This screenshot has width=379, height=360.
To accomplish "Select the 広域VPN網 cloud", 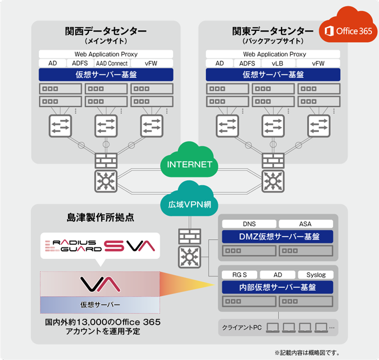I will coord(186,204).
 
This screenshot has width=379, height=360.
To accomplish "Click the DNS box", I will coord(249,224).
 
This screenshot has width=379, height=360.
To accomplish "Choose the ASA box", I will coord(305,224).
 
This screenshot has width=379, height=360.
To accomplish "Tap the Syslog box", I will coord(316,274).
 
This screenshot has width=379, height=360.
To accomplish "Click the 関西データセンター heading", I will coord(106,31).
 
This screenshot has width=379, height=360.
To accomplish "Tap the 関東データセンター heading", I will coord(273,31).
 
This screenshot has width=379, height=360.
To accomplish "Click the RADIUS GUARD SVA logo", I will coord(100,246).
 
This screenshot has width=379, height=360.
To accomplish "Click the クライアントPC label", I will coord(242,327).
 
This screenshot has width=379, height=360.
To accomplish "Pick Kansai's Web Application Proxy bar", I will coord(106,54).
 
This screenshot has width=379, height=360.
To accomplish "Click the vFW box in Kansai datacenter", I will coord(151,63).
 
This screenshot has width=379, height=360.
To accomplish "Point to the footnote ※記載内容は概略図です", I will coord(307,352).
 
